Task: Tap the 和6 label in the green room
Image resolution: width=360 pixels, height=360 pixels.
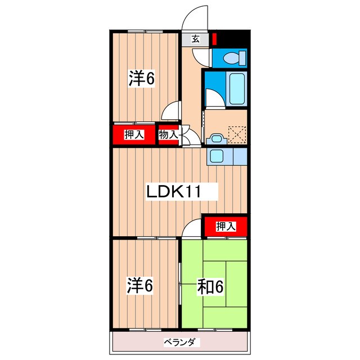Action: click(x=211, y=287)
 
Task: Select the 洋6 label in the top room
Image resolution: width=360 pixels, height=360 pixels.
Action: click(x=141, y=78)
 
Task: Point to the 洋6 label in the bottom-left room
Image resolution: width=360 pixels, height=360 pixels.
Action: click(x=139, y=286)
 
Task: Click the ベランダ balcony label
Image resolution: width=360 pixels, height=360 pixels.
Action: click(x=180, y=342)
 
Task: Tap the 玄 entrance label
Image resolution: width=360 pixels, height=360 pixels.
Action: click(x=195, y=39)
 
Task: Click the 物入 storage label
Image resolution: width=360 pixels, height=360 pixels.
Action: click(x=168, y=134)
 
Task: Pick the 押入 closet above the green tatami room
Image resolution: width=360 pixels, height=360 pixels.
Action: click(x=226, y=226)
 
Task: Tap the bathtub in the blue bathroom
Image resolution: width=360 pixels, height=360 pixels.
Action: click(x=236, y=88)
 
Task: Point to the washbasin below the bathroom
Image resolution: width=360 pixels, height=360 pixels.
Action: click(x=215, y=138)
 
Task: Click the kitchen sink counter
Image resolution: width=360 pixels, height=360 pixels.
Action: click(x=218, y=155)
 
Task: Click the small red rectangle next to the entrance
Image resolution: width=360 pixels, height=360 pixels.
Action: click(x=214, y=40)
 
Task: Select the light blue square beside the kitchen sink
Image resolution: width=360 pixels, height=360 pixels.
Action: click(x=239, y=155)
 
